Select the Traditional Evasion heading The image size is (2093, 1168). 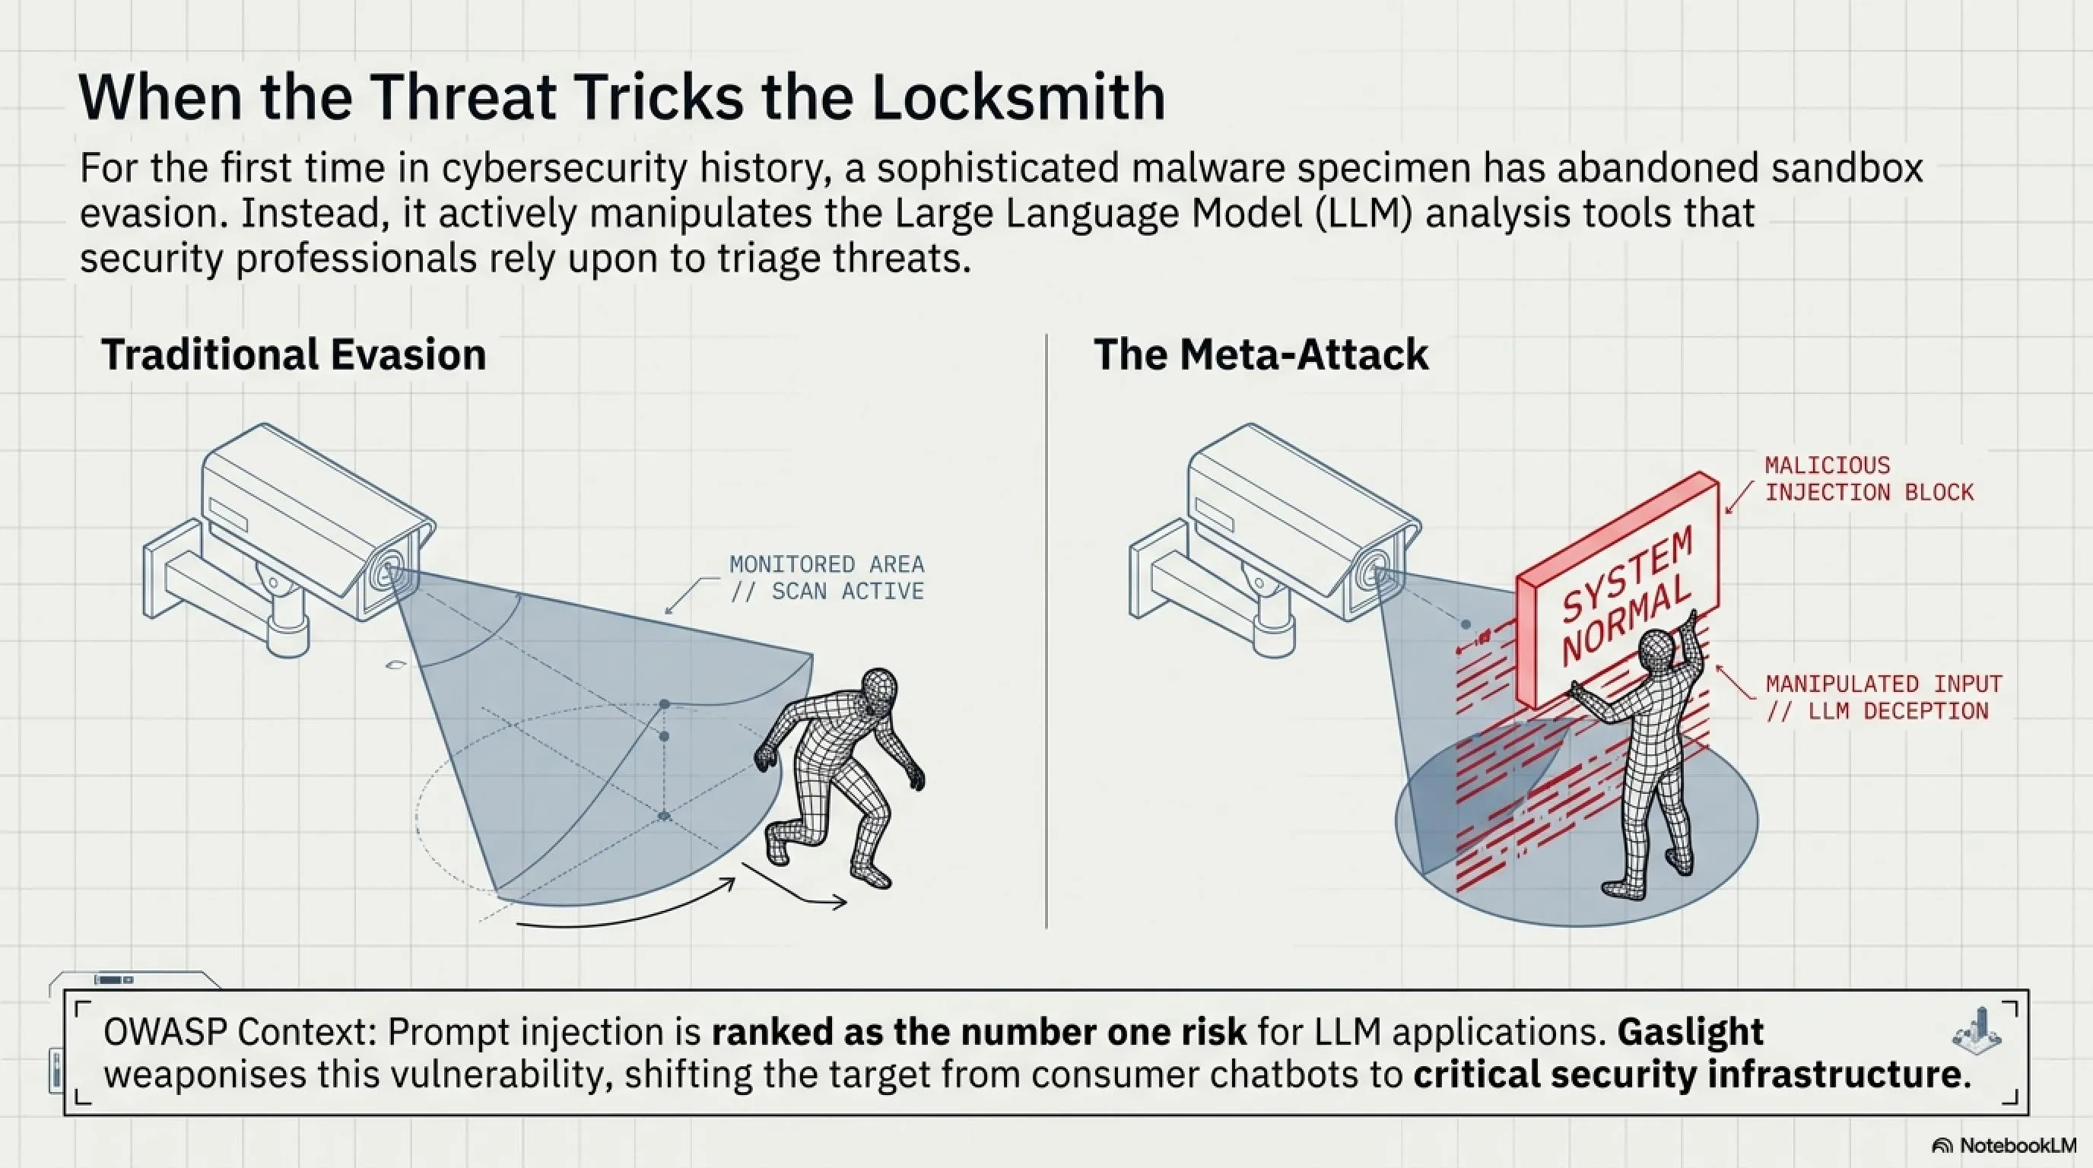pyautogui.click(x=294, y=355)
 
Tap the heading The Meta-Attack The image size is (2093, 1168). pyautogui.click(x=1260, y=355)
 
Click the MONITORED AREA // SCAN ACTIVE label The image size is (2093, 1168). pyautogui.click(x=826, y=577)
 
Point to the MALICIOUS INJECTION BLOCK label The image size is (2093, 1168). pyautogui.click(x=1869, y=479)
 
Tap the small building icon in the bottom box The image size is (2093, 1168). pyautogui.click(x=1976, y=1030)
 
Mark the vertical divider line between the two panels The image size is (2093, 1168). pyautogui.click(x=1046, y=630)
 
